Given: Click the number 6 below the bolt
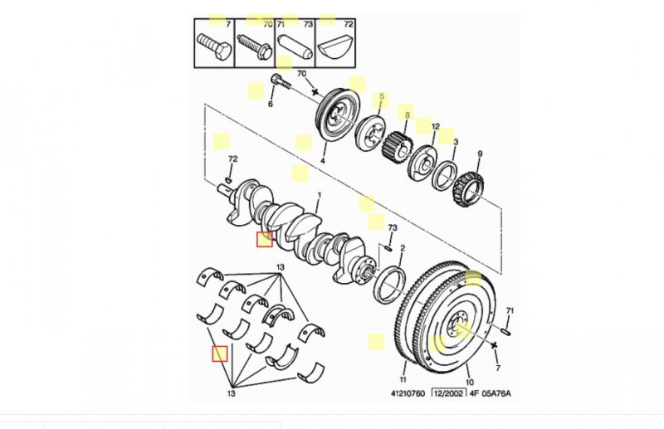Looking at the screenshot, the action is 271,105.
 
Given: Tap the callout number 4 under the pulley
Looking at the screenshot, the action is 322,161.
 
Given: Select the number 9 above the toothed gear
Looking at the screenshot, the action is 480,154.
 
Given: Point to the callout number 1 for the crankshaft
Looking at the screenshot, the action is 320,195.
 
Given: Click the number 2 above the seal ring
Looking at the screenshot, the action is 403,248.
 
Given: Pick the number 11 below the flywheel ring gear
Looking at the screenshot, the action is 403,379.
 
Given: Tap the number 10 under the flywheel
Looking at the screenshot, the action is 470,382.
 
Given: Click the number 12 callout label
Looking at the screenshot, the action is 435,127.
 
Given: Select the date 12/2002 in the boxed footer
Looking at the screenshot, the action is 448,393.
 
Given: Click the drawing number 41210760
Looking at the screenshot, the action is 408,393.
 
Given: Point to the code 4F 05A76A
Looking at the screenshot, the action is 489,393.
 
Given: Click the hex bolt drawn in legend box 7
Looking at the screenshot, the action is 214,47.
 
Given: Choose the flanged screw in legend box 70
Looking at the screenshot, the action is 254,46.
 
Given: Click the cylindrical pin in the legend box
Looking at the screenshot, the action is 295,46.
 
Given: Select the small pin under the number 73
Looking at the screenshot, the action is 387,247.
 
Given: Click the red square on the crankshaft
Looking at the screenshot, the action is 265,239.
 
